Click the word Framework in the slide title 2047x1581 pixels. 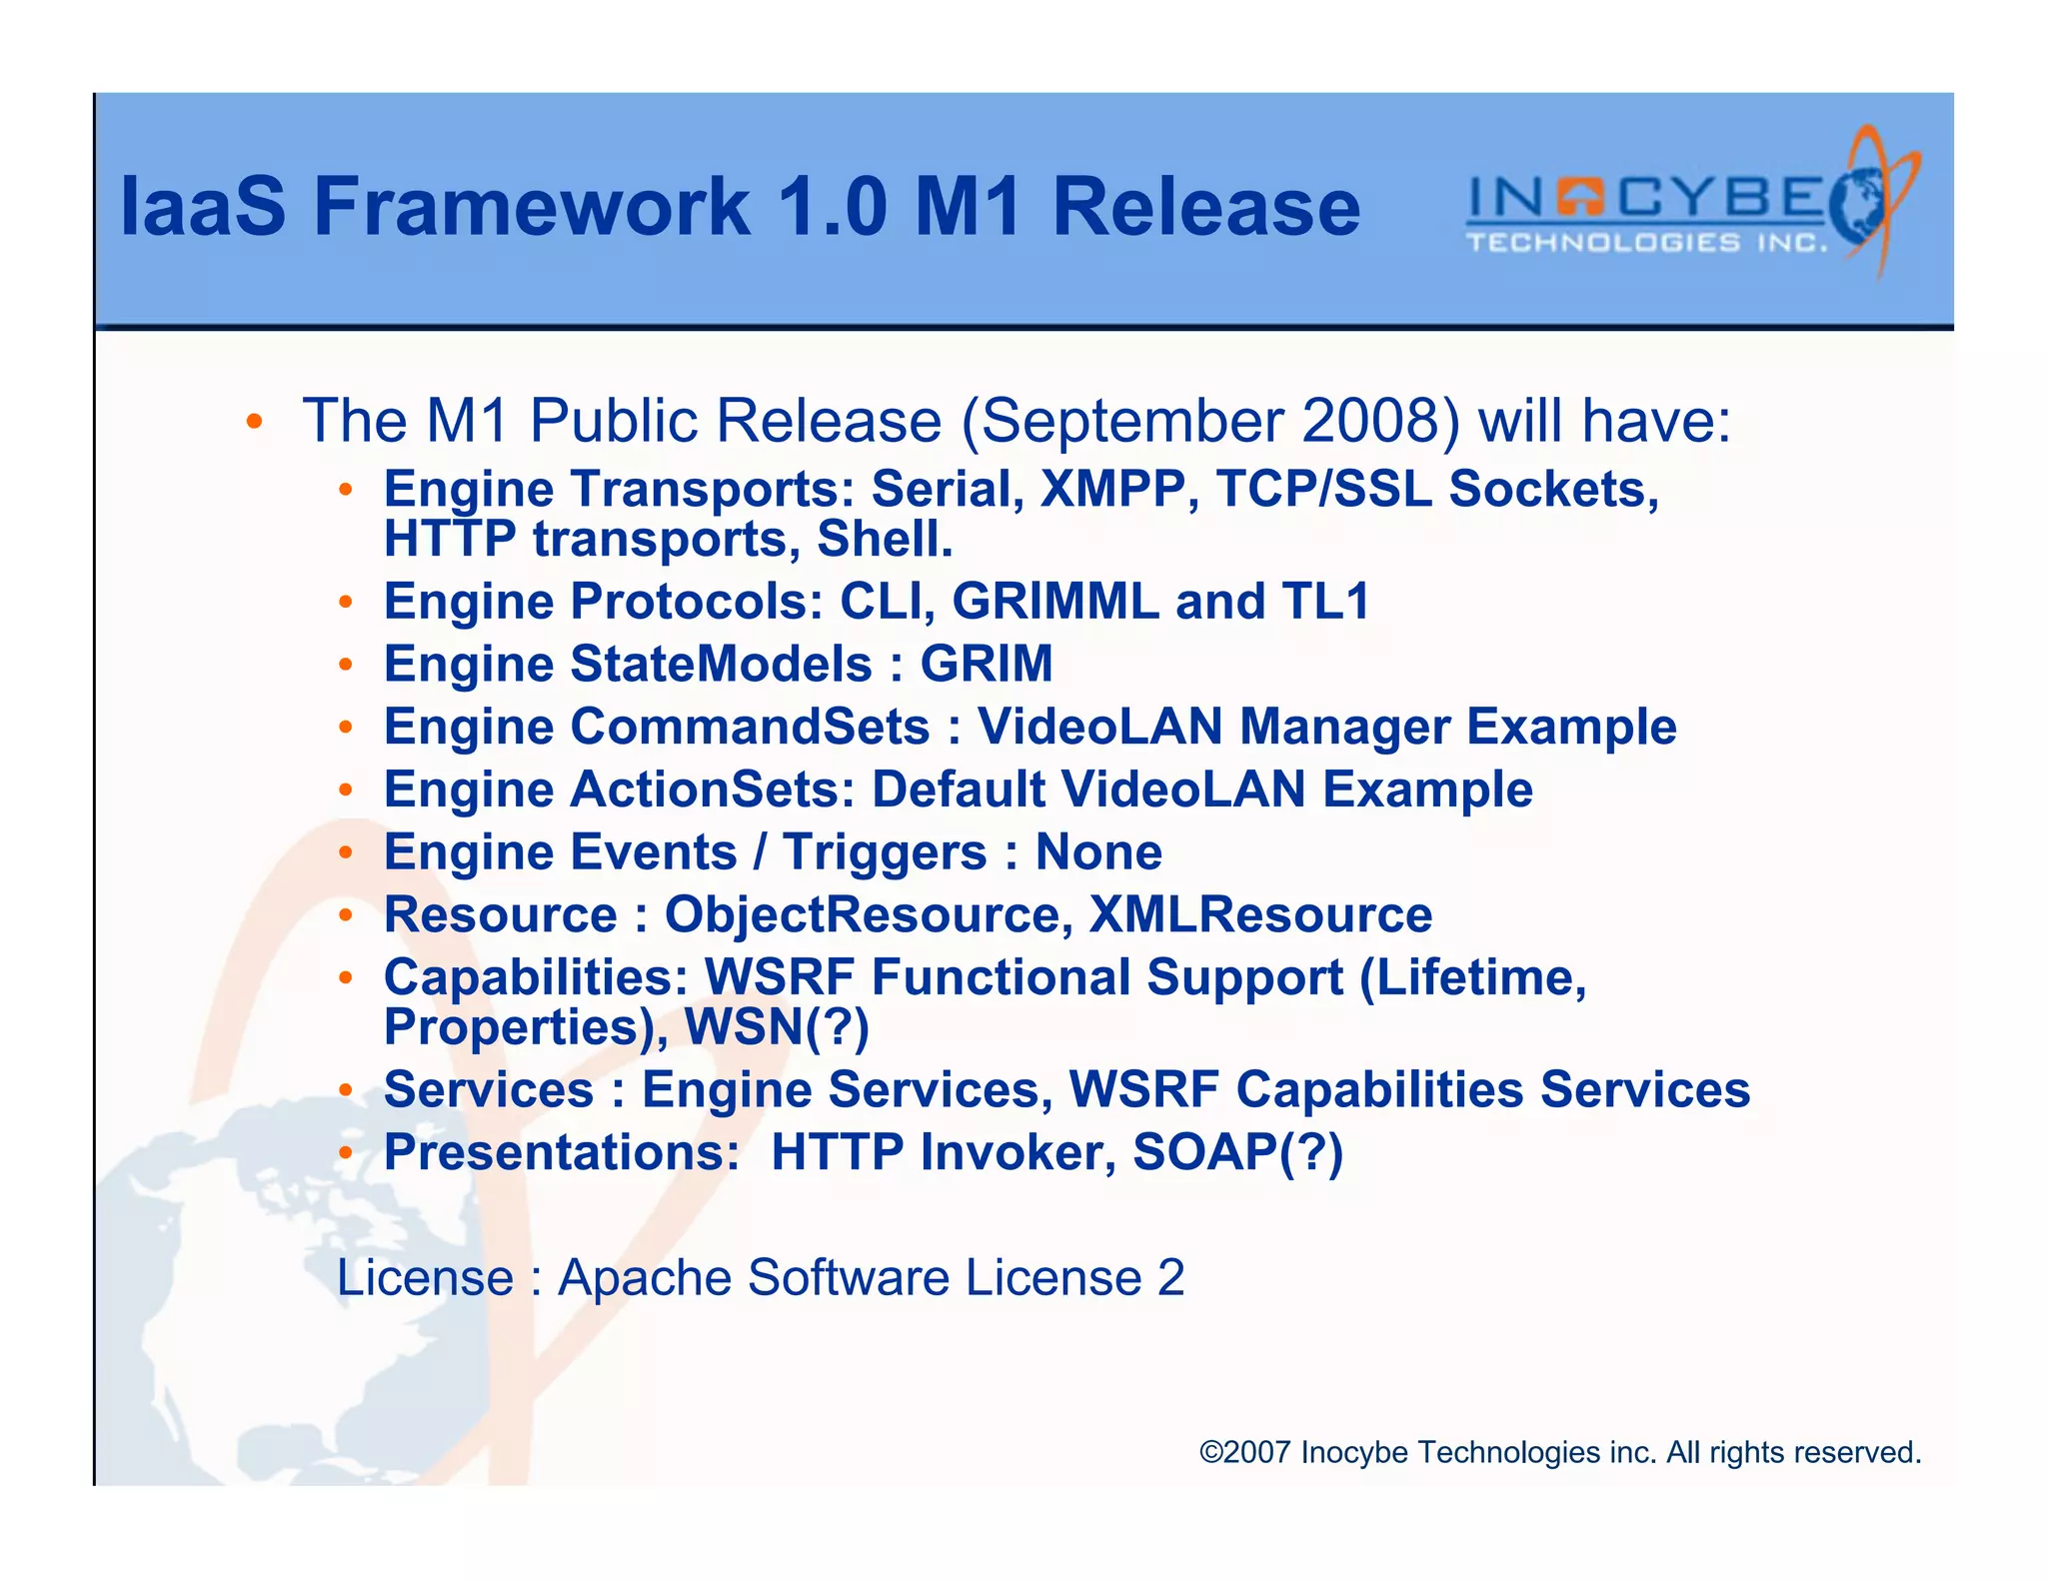coord(531,207)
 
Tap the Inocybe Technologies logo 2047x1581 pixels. coord(1689,205)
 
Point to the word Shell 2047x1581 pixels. coord(884,540)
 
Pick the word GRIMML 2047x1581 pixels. coord(1054,602)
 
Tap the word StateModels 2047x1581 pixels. coord(721,665)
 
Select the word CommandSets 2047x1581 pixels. coord(750,727)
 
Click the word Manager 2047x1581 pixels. coord(1344,727)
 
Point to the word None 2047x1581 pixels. coord(1098,852)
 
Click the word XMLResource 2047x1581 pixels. coord(1260,915)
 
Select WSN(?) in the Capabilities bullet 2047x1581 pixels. coord(777,1027)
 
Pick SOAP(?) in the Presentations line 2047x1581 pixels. coord(1237,1152)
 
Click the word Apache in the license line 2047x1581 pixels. coord(644,1277)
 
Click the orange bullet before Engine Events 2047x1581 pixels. coord(345,852)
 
